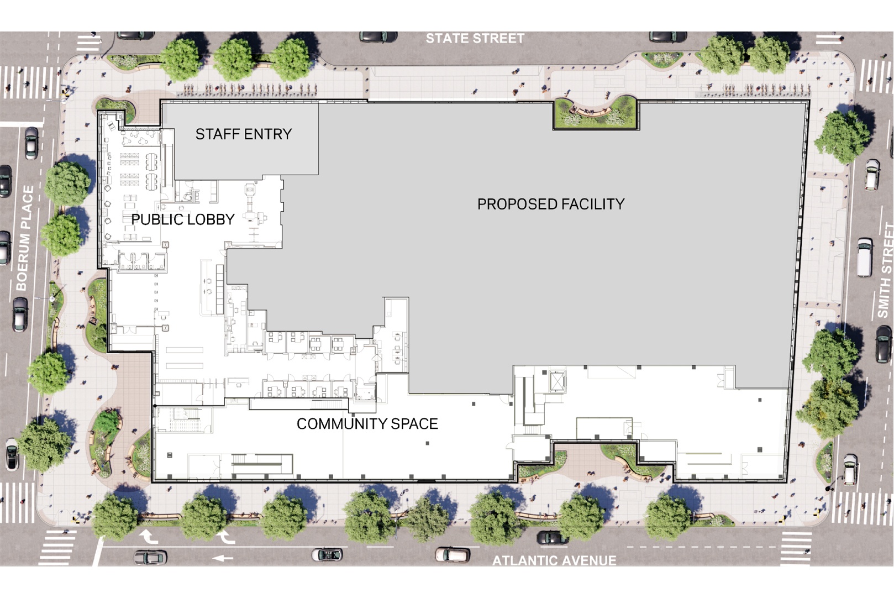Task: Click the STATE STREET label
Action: (475, 38)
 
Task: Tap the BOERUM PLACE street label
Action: (24, 238)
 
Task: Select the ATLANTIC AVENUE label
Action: (554, 560)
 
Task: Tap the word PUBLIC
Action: (157, 219)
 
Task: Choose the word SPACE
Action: (414, 424)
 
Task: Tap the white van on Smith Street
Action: (865, 258)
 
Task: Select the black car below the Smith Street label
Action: (884, 343)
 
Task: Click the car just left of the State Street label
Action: (378, 37)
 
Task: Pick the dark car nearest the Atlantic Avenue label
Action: (551, 537)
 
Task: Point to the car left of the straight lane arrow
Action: (150, 557)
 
